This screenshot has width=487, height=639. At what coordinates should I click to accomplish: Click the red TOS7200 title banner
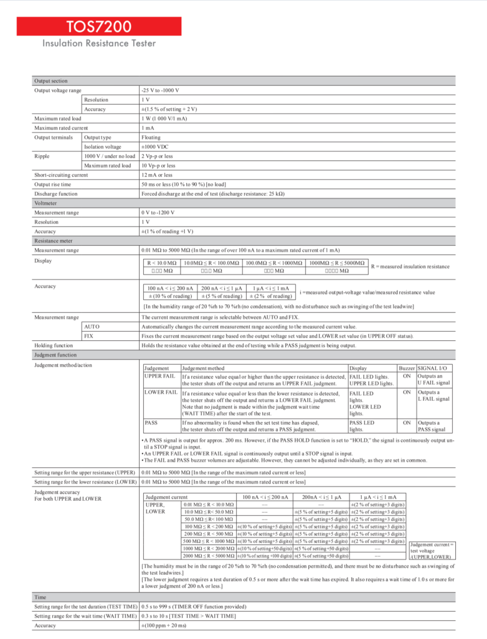[x=100, y=26]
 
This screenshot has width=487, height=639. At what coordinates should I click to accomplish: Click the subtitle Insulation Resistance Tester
[x=99, y=44]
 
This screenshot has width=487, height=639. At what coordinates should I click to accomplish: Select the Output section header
[x=51, y=81]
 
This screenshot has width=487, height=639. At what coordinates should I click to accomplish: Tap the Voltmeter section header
[x=47, y=203]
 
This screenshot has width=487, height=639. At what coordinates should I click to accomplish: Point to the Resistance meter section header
[x=54, y=240]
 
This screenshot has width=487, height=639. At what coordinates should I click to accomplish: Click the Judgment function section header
[x=55, y=355]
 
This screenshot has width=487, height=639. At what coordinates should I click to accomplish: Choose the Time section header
[x=40, y=597]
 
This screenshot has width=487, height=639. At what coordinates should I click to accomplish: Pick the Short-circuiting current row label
[x=61, y=175]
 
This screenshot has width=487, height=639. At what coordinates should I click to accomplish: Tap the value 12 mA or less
[x=157, y=175]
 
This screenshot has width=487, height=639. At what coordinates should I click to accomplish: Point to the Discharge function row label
[x=56, y=194]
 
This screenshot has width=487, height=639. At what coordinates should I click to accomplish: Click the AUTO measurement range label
[x=92, y=326]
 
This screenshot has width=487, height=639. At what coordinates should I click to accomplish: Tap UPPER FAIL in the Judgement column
[x=159, y=377]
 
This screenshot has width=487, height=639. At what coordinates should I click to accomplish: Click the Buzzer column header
[x=407, y=368]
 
